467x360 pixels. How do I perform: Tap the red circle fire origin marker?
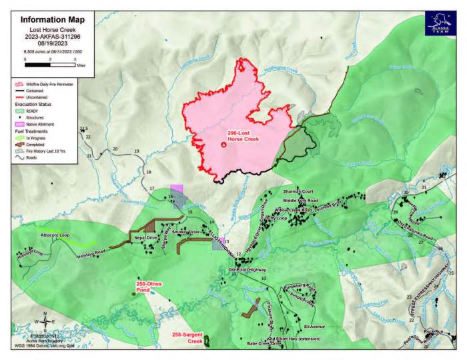tap(223, 144)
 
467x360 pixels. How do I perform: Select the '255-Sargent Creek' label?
tap(187, 337)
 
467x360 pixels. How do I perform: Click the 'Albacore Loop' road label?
tap(55, 236)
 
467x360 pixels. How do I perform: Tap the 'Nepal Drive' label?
tap(146, 237)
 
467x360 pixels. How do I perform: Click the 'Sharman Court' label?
tap(298, 191)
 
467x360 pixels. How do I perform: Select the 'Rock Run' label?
tap(434, 331)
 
